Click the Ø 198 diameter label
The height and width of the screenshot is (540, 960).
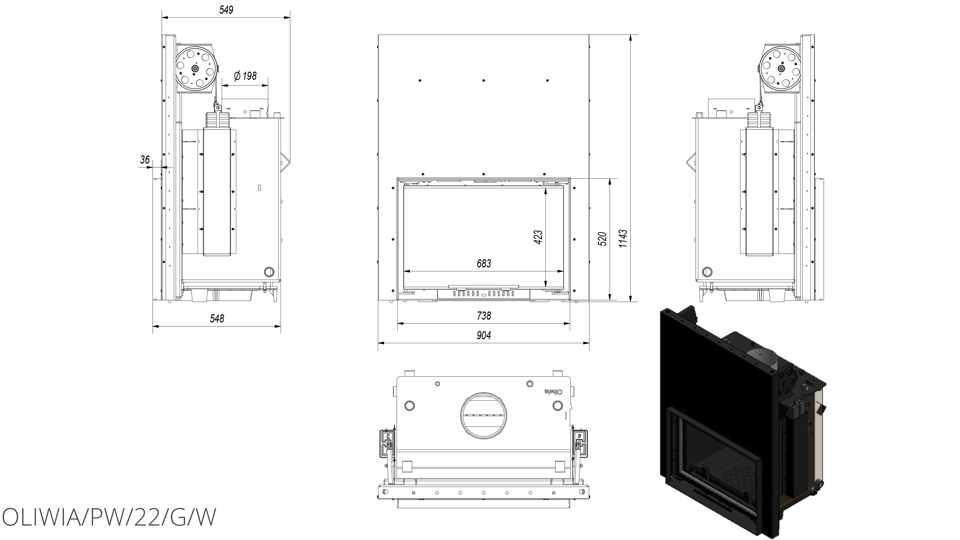coord(245,76)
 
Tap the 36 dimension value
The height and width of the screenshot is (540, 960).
coord(145,160)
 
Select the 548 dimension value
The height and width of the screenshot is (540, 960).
coord(217,319)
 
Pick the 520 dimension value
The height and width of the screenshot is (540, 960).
coord(602,239)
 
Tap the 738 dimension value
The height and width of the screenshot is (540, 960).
coord(484,316)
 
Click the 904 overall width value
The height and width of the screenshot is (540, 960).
coord(484,335)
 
